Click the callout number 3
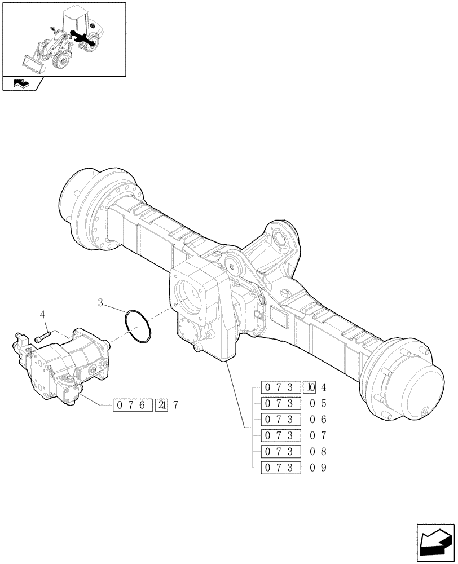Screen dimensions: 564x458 pyautogui.click(x=100, y=303)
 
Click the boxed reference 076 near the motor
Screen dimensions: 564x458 pyautogui.click(x=133, y=405)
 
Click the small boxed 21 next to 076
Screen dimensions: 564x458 pyautogui.click(x=161, y=405)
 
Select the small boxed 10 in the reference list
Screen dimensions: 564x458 pyautogui.click(x=309, y=387)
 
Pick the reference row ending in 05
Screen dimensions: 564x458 pyautogui.click(x=293, y=403)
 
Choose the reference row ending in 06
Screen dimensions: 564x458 pyautogui.click(x=293, y=420)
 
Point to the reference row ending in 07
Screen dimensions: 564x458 pyautogui.click(x=293, y=435)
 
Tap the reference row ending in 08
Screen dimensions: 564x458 pyautogui.click(x=293, y=452)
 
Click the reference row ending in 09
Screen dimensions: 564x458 pyautogui.click(x=293, y=468)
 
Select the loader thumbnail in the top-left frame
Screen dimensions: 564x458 pyautogui.click(x=64, y=39)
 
